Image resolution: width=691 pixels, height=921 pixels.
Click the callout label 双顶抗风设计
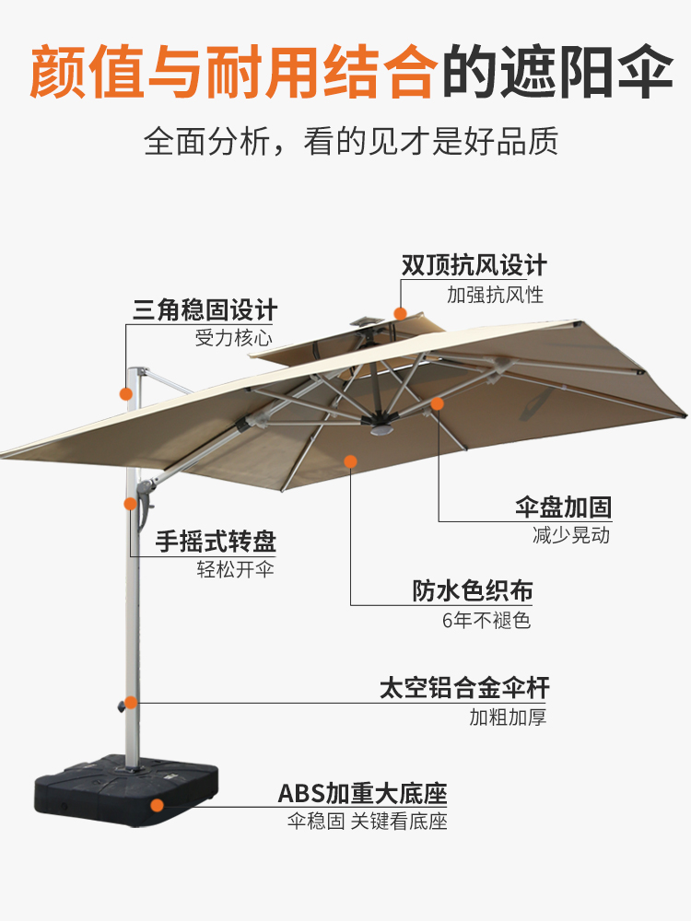coord(474,266)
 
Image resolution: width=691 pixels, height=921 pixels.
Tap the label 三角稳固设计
coord(205,309)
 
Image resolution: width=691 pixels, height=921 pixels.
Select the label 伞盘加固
coord(563,507)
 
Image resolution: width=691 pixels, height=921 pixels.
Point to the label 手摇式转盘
coord(216,541)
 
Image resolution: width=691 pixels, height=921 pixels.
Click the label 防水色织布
coord(472,591)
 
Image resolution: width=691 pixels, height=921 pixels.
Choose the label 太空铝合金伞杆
coord(464,688)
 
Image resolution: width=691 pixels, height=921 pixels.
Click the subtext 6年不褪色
coord(486,620)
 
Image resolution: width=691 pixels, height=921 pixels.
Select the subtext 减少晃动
coord(571,535)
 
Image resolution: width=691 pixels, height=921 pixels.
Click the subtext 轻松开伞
coord(236,569)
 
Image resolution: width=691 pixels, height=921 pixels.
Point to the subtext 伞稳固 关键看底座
coord(368,822)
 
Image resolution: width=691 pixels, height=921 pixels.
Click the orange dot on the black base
coord(158,805)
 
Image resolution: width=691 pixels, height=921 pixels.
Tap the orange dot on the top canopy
coord(400,313)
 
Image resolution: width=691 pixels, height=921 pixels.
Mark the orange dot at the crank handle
coord(130,504)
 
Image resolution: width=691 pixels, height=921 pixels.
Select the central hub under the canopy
coord(378,426)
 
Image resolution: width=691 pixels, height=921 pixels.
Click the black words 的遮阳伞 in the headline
coord(557,73)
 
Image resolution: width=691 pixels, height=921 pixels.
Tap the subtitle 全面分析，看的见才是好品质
coord(351,143)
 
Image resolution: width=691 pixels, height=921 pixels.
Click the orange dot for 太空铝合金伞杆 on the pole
coord(131,703)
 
